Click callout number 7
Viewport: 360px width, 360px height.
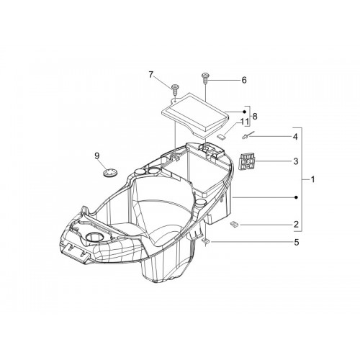(x=150, y=75)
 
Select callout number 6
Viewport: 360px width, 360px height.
(x=244, y=80)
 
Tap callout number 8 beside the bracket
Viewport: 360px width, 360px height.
(x=255, y=117)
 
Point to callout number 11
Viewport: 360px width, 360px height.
(x=245, y=122)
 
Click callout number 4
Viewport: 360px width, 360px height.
(x=295, y=137)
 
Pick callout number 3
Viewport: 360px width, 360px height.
(x=296, y=161)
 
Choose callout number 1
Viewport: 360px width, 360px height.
(x=312, y=179)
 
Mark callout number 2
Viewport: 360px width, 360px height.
(x=296, y=224)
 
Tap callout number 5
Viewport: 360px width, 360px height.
(x=297, y=243)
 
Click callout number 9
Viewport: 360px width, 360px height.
(x=96, y=156)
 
